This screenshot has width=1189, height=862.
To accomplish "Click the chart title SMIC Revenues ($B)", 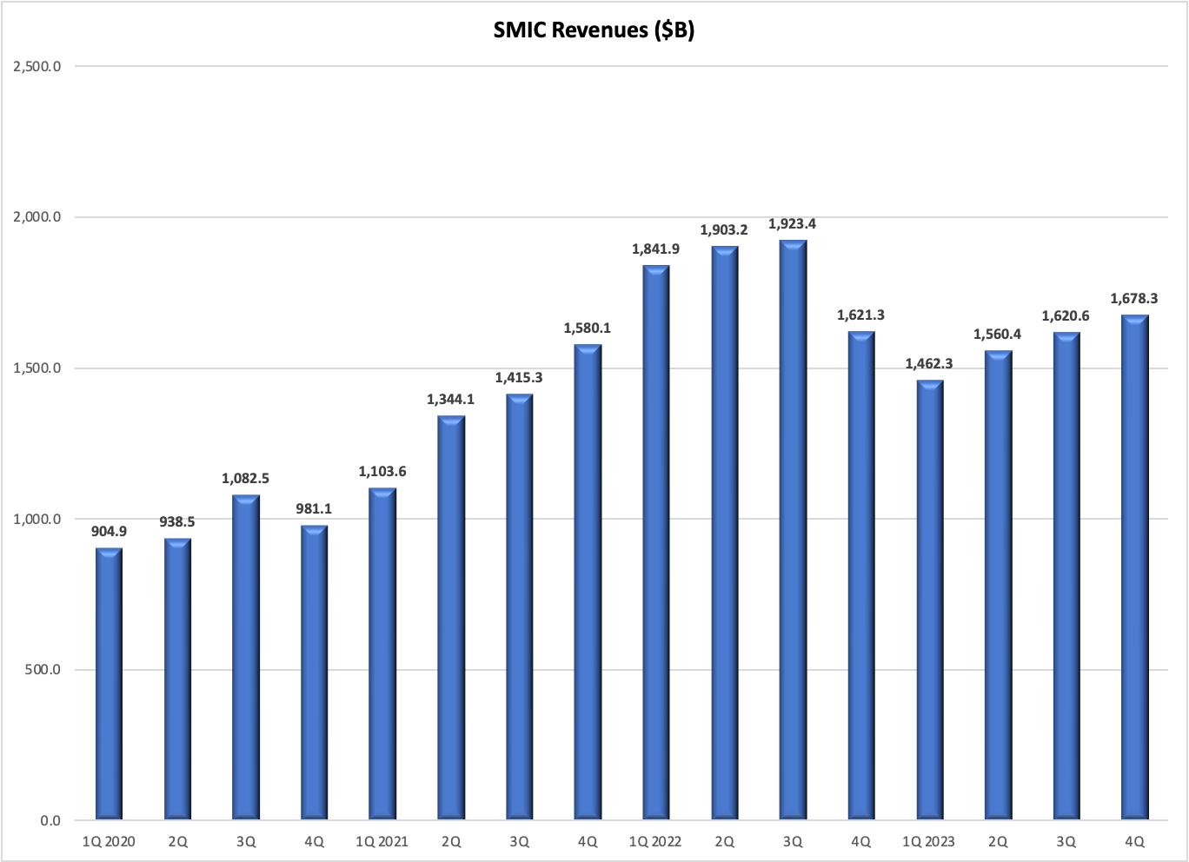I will click(x=594, y=30).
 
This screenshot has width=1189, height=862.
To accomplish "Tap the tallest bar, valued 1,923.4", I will click(x=793, y=530).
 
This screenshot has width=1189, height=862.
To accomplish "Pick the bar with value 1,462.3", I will click(x=929, y=600).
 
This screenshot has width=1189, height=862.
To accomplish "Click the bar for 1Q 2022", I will click(x=656, y=543).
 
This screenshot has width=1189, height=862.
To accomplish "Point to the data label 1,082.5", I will click(x=246, y=479).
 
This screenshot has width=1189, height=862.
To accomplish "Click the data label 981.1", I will click(x=314, y=509).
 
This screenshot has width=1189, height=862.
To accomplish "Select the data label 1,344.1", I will click(x=450, y=400).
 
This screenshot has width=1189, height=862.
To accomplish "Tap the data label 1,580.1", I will click(x=588, y=328).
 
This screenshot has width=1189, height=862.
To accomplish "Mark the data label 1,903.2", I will click(x=724, y=230).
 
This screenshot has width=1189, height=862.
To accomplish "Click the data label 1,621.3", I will click(x=860, y=315).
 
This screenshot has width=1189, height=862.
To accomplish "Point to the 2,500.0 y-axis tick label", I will click(x=37, y=66).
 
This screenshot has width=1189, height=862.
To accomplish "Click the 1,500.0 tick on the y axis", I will click(x=37, y=368).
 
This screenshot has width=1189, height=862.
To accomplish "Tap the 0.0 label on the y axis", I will click(x=50, y=821).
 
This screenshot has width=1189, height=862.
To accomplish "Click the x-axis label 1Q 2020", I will click(x=109, y=842).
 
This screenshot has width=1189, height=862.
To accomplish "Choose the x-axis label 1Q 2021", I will click(x=382, y=842).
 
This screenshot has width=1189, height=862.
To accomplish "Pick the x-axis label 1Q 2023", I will click(x=929, y=842).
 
